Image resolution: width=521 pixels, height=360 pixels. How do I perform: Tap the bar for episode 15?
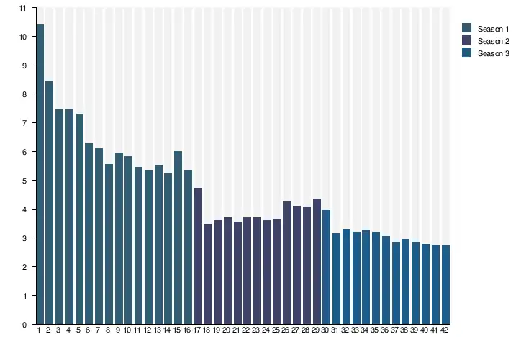pos(178,238)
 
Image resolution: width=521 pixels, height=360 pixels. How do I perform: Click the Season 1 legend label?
pos(493,28)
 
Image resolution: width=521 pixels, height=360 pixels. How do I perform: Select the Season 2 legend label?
pos(493,41)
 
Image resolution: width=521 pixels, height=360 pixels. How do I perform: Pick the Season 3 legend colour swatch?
pos(466,53)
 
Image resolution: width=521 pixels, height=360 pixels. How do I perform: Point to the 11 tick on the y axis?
pos(23,8)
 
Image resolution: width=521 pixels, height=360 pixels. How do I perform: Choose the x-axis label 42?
pos(445,330)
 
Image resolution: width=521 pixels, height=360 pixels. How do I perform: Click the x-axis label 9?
pos(118,330)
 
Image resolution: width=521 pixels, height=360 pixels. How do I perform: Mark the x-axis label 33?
pos(355,330)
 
